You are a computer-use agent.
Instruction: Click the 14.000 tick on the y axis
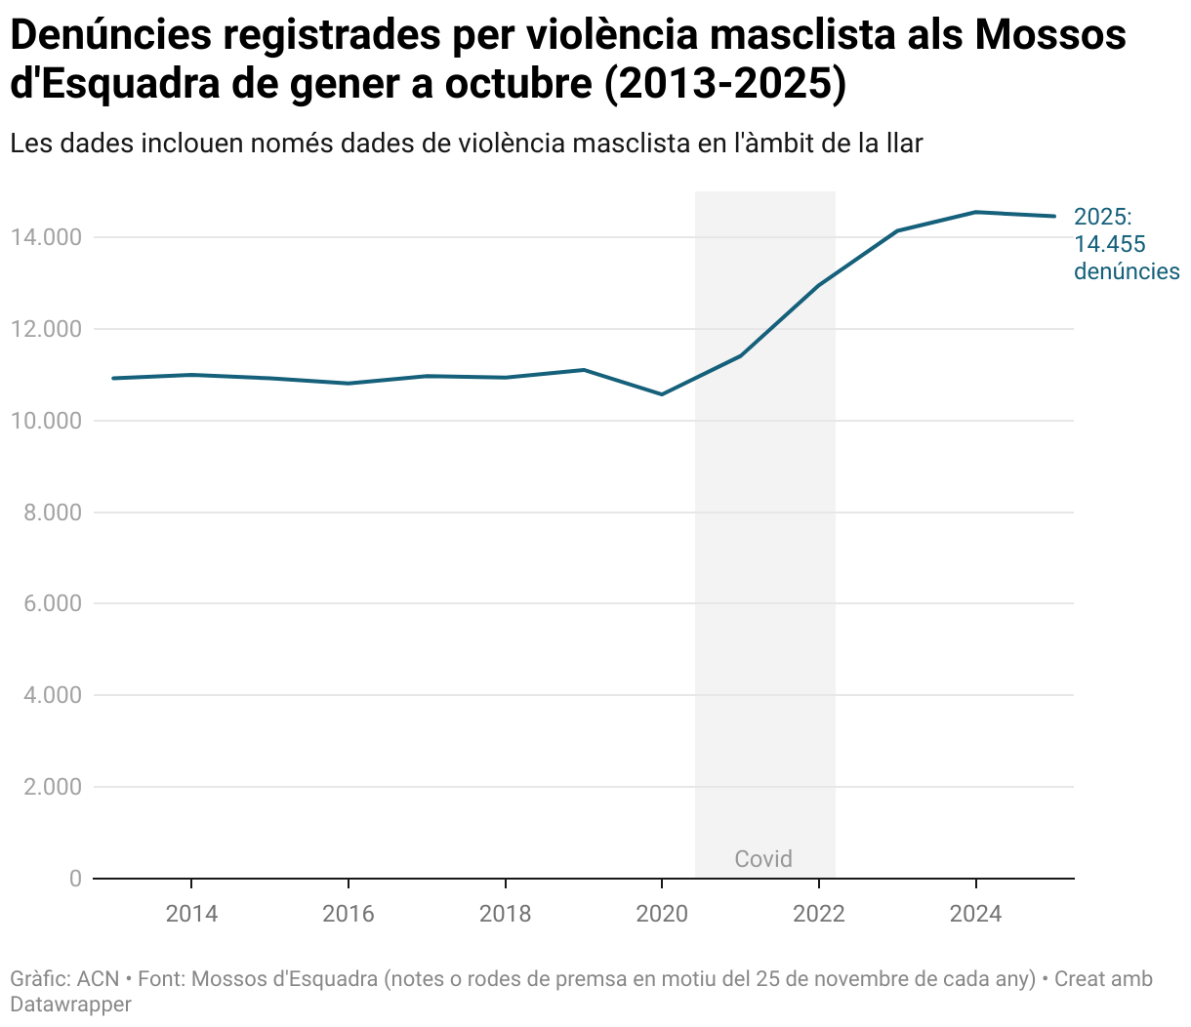click(47, 237)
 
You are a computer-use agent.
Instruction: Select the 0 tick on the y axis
click(75, 879)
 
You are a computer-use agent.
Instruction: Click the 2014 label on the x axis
click(191, 914)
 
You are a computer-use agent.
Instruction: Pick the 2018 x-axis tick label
click(505, 914)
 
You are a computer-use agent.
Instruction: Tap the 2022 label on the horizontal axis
click(818, 914)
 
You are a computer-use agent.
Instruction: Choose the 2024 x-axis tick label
click(975, 914)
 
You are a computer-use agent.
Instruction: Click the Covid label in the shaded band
click(763, 859)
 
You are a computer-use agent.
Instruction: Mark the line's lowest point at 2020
click(662, 394)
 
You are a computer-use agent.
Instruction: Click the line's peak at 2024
click(975, 212)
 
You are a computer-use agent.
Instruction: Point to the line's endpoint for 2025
click(1054, 216)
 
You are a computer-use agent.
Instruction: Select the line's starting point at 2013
click(113, 378)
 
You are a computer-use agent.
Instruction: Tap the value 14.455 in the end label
click(1110, 244)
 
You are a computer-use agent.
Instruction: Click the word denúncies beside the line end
click(1127, 271)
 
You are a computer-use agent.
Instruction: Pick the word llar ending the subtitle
click(903, 144)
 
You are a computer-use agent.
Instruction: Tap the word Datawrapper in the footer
click(70, 1004)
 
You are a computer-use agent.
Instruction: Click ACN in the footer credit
click(98, 979)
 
